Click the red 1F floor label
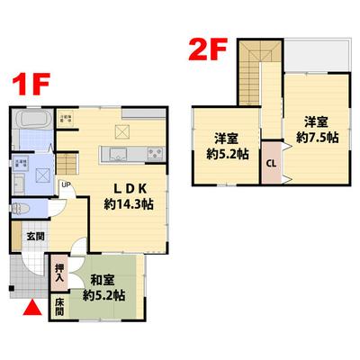(x=30, y=86)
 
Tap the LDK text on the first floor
(x=124, y=188)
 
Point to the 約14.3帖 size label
(x=128, y=204)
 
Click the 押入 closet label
(x=58, y=272)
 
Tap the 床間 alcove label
(x=58, y=307)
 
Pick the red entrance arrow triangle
(x=31, y=309)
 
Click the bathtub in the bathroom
(x=32, y=121)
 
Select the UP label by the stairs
(x=66, y=186)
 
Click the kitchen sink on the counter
(x=119, y=152)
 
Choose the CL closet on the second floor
(x=271, y=164)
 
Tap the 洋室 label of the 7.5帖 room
(x=314, y=121)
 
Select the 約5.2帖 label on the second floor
(x=227, y=154)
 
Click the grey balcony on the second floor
(x=316, y=58)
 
